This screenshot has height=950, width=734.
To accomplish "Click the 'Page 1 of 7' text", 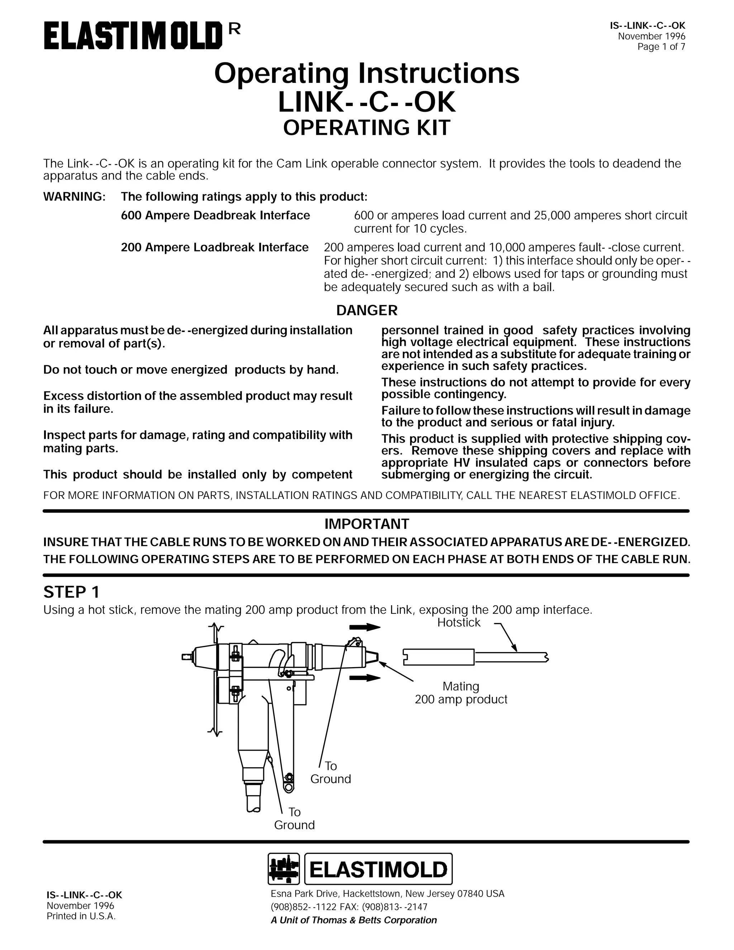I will (661, 47).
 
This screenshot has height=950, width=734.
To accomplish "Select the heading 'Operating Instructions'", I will (367, 73).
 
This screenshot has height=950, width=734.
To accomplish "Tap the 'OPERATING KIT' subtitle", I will (367, 128).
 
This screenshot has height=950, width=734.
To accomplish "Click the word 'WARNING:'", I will (74, 196).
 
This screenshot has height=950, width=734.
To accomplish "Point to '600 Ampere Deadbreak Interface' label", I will (215, 215).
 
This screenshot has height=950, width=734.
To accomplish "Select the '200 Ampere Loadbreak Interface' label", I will (214, 247).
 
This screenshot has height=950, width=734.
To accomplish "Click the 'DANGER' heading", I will (367, 310).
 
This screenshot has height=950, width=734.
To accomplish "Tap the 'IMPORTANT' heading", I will (367, 524).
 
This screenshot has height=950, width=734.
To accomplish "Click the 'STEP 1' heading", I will (71, 592).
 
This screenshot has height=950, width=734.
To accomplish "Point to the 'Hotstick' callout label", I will (459, 622).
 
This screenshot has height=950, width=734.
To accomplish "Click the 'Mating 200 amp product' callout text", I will (461, 693).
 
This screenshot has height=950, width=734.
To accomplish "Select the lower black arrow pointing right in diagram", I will (365, 678).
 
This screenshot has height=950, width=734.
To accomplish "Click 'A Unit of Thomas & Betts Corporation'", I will (353, 920).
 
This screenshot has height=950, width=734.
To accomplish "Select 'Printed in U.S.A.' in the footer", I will (81, 916).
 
